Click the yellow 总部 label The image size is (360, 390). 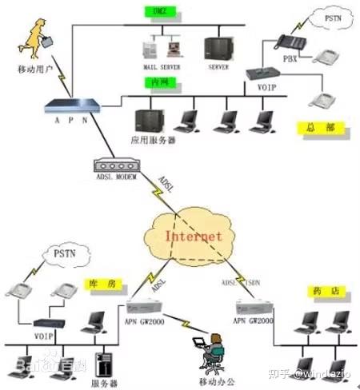(314, 127)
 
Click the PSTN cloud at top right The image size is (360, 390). (331, 18)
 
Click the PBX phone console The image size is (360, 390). (286, 42)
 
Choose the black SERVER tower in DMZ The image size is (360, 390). (217, 49)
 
